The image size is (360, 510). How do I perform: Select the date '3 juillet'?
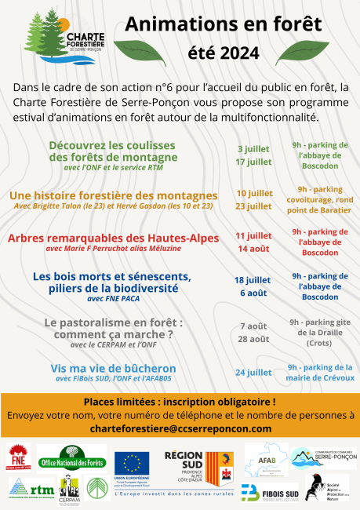253,148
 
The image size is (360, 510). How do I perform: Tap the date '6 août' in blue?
253,293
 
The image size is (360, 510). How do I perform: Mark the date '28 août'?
253,338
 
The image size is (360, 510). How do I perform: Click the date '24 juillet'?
253,372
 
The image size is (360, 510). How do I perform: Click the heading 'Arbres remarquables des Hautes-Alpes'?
114,239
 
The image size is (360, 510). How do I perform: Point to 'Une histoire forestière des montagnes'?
114,195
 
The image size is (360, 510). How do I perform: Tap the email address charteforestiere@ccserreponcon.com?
180,428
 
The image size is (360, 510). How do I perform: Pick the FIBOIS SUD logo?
270,492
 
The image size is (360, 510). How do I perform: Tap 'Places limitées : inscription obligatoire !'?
180,402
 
